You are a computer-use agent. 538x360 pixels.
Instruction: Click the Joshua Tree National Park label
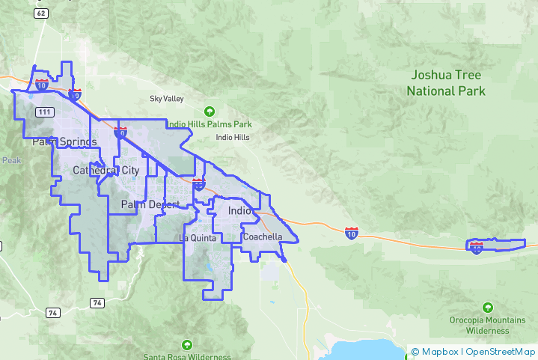[446, 83]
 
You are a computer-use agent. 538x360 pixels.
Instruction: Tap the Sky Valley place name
[166, 99]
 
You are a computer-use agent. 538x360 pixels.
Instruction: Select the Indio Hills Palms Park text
[209, 123]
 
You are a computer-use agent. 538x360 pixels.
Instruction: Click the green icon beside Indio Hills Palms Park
[209, 111]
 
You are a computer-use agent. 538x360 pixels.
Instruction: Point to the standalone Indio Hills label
[233, 138]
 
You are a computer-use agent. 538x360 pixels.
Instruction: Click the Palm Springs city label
[64, 142]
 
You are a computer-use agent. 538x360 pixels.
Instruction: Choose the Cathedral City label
[106, 171]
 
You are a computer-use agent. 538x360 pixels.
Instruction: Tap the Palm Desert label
[150, 204]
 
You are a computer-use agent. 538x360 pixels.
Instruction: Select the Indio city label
[239, 211]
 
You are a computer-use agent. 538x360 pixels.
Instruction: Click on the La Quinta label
[198, 238]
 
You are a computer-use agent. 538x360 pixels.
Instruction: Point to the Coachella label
[263, 237]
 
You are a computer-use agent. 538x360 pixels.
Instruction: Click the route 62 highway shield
[41, 13]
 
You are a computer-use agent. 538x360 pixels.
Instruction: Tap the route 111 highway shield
[45, 112]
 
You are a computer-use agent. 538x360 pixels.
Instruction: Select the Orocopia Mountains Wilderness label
[488, 325]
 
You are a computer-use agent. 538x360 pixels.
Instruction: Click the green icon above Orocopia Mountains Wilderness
[488, 308]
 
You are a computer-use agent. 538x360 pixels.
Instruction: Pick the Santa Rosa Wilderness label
[187, 357]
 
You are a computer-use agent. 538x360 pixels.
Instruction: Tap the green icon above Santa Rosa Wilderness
[187, 344]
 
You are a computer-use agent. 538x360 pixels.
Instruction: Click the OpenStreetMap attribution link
[501, 352]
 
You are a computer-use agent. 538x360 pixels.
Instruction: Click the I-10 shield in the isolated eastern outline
[477, 247]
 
